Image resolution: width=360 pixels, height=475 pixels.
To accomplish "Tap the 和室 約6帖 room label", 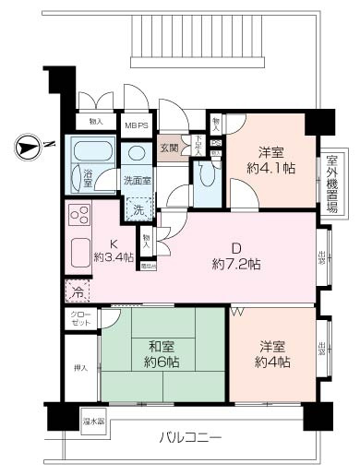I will [x=162, y=354].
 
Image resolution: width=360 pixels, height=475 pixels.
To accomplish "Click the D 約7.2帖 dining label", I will [x=235, y=255].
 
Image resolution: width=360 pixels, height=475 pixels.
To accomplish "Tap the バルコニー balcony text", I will [x=188, y=436].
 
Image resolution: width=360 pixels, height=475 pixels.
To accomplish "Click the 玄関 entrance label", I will [x=169, y=147].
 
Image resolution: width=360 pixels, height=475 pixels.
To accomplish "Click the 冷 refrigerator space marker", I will [x=77, y=291].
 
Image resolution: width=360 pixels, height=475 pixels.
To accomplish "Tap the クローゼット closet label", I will [x=78, y=318].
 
